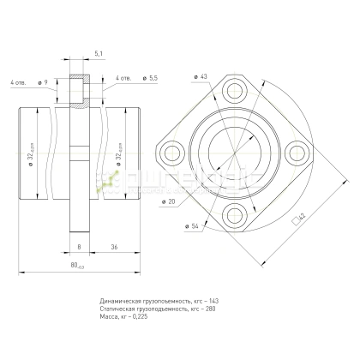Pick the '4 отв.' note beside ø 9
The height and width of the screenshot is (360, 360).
pos(18,82)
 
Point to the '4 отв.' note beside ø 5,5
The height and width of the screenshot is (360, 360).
pos(123,78)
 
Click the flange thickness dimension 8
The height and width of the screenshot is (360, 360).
pos(78,246)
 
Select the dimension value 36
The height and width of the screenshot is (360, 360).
pos(114,246)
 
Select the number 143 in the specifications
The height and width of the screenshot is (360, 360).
pos(213,301)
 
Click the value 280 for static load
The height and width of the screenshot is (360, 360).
pos(210,309)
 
